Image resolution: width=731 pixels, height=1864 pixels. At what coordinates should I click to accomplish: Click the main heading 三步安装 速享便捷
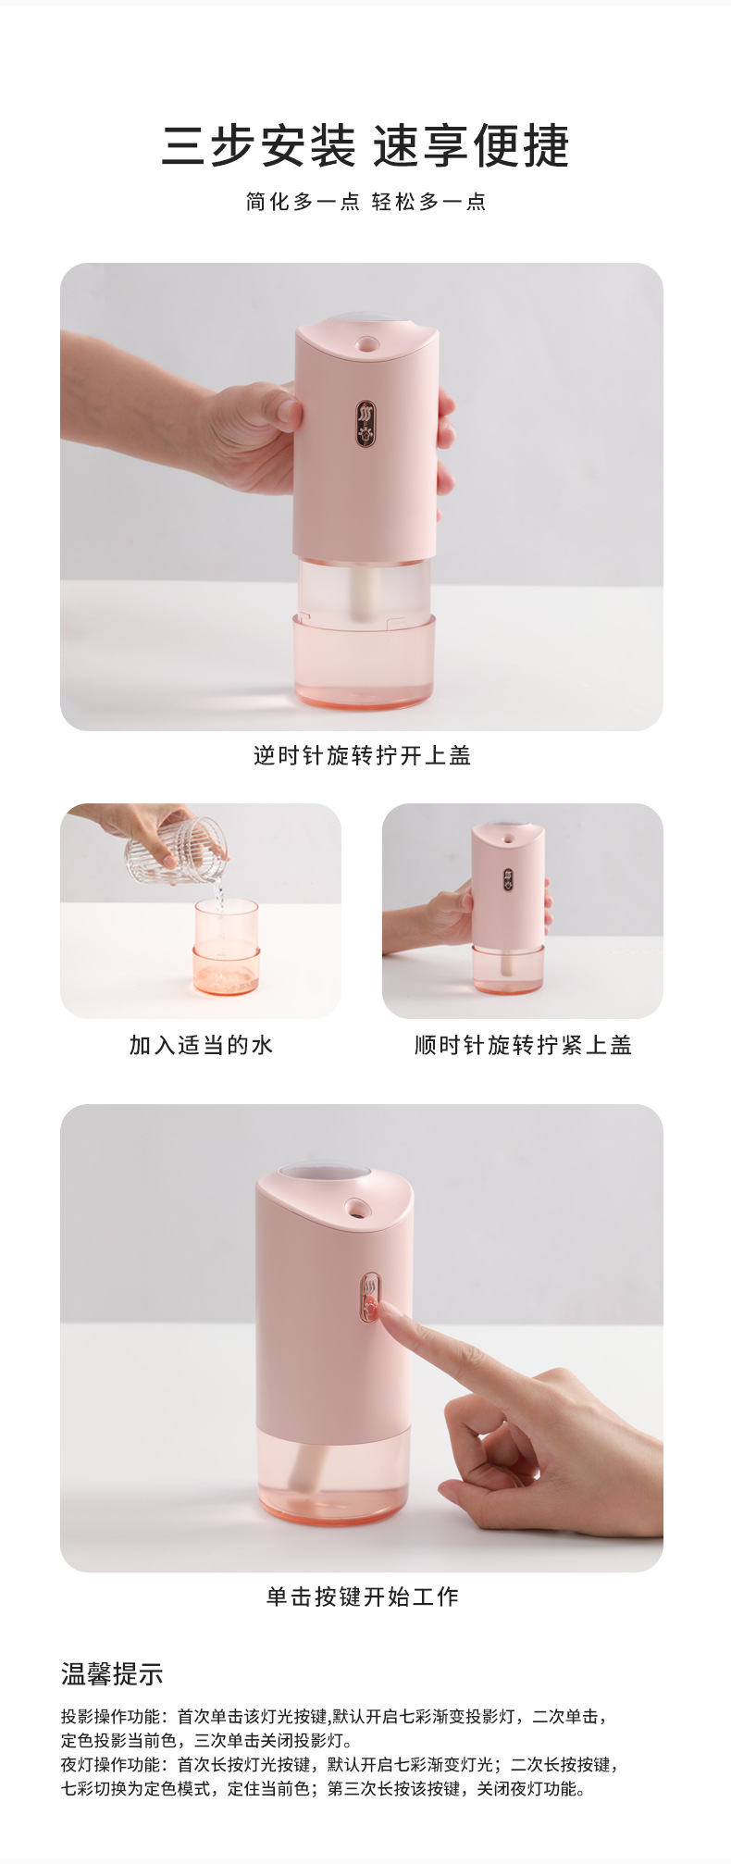point(365,146)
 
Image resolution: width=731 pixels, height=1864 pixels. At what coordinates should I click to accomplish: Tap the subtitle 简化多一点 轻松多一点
point(365,202)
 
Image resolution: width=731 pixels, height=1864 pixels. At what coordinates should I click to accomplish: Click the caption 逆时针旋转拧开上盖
point(363,756)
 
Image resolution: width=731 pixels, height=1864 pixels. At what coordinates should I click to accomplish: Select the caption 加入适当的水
point(201,1046)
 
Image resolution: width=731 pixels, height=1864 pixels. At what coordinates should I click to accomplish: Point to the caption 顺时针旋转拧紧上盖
point(523,1046)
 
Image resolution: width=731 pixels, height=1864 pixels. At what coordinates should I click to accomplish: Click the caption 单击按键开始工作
point(363,1597)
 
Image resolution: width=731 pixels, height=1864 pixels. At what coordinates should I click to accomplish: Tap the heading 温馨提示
point(112,1674)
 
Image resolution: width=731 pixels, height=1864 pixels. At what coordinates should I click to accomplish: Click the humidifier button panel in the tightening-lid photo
point(508,878)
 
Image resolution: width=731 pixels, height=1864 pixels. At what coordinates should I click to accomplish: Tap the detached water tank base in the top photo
point(364,662)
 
